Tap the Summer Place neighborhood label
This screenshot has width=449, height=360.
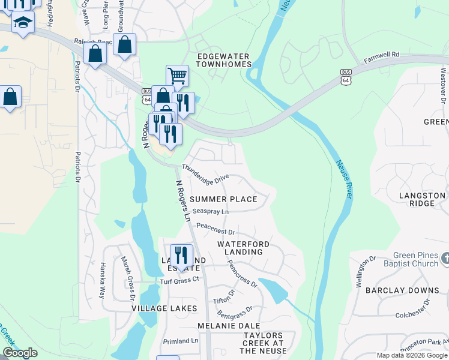tap(223, 199)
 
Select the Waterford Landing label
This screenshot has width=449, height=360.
tap(243, 248)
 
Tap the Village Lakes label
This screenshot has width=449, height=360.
tap(164, 308)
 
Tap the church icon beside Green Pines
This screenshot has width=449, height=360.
tap(445, 259)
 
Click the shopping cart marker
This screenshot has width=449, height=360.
tap(176, 76)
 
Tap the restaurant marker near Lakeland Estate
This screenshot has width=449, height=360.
tap(181, 254)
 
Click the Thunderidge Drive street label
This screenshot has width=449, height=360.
tap(205, 173)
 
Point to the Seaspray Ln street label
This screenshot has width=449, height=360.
tap(211, 212)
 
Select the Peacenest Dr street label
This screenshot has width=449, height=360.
tap(215, 229)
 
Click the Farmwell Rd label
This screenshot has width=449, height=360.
tap(382, 58)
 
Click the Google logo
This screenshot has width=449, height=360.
tap(20, 353)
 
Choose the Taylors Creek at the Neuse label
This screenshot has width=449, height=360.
tap(262, 343)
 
